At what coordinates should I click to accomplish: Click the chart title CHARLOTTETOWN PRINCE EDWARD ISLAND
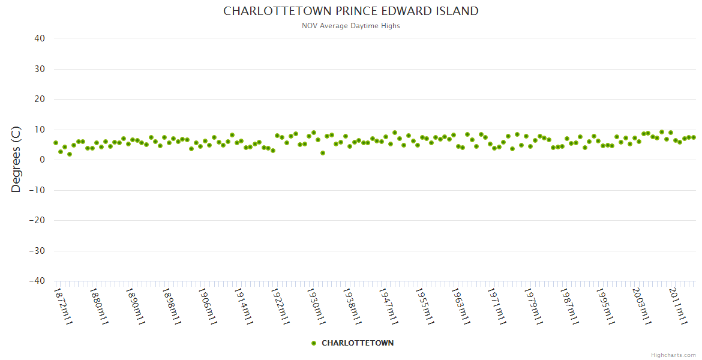click(x=351, y=11)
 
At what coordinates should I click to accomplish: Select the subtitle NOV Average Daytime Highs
click(x=351, y=26)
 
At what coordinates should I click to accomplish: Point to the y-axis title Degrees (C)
click(x=16, y=159)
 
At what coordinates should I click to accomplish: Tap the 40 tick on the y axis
click(x=40, y=38)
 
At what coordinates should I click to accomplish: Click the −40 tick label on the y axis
click(x=37, y=281)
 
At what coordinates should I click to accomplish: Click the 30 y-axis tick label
click(x=40, y=69)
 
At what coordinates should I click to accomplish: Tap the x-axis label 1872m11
click(x=63, y=306)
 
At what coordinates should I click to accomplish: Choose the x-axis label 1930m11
click(x=316, y=306)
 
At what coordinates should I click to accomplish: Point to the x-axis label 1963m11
click(x=461, y=306)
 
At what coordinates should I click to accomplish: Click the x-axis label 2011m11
click(x=678, y=306)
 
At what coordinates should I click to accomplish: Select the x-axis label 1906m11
click(x=208, y=306)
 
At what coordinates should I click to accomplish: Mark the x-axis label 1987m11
click(x=569, y=306)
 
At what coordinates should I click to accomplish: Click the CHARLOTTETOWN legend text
click(x=358, y=343)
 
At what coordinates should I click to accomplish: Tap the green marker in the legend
click(x=313, y=343)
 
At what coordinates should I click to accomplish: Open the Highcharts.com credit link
click(x=673, y=355)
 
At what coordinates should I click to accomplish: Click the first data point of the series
click(x=56, y=143)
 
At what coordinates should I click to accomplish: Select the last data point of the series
click(x=694, y=137)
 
